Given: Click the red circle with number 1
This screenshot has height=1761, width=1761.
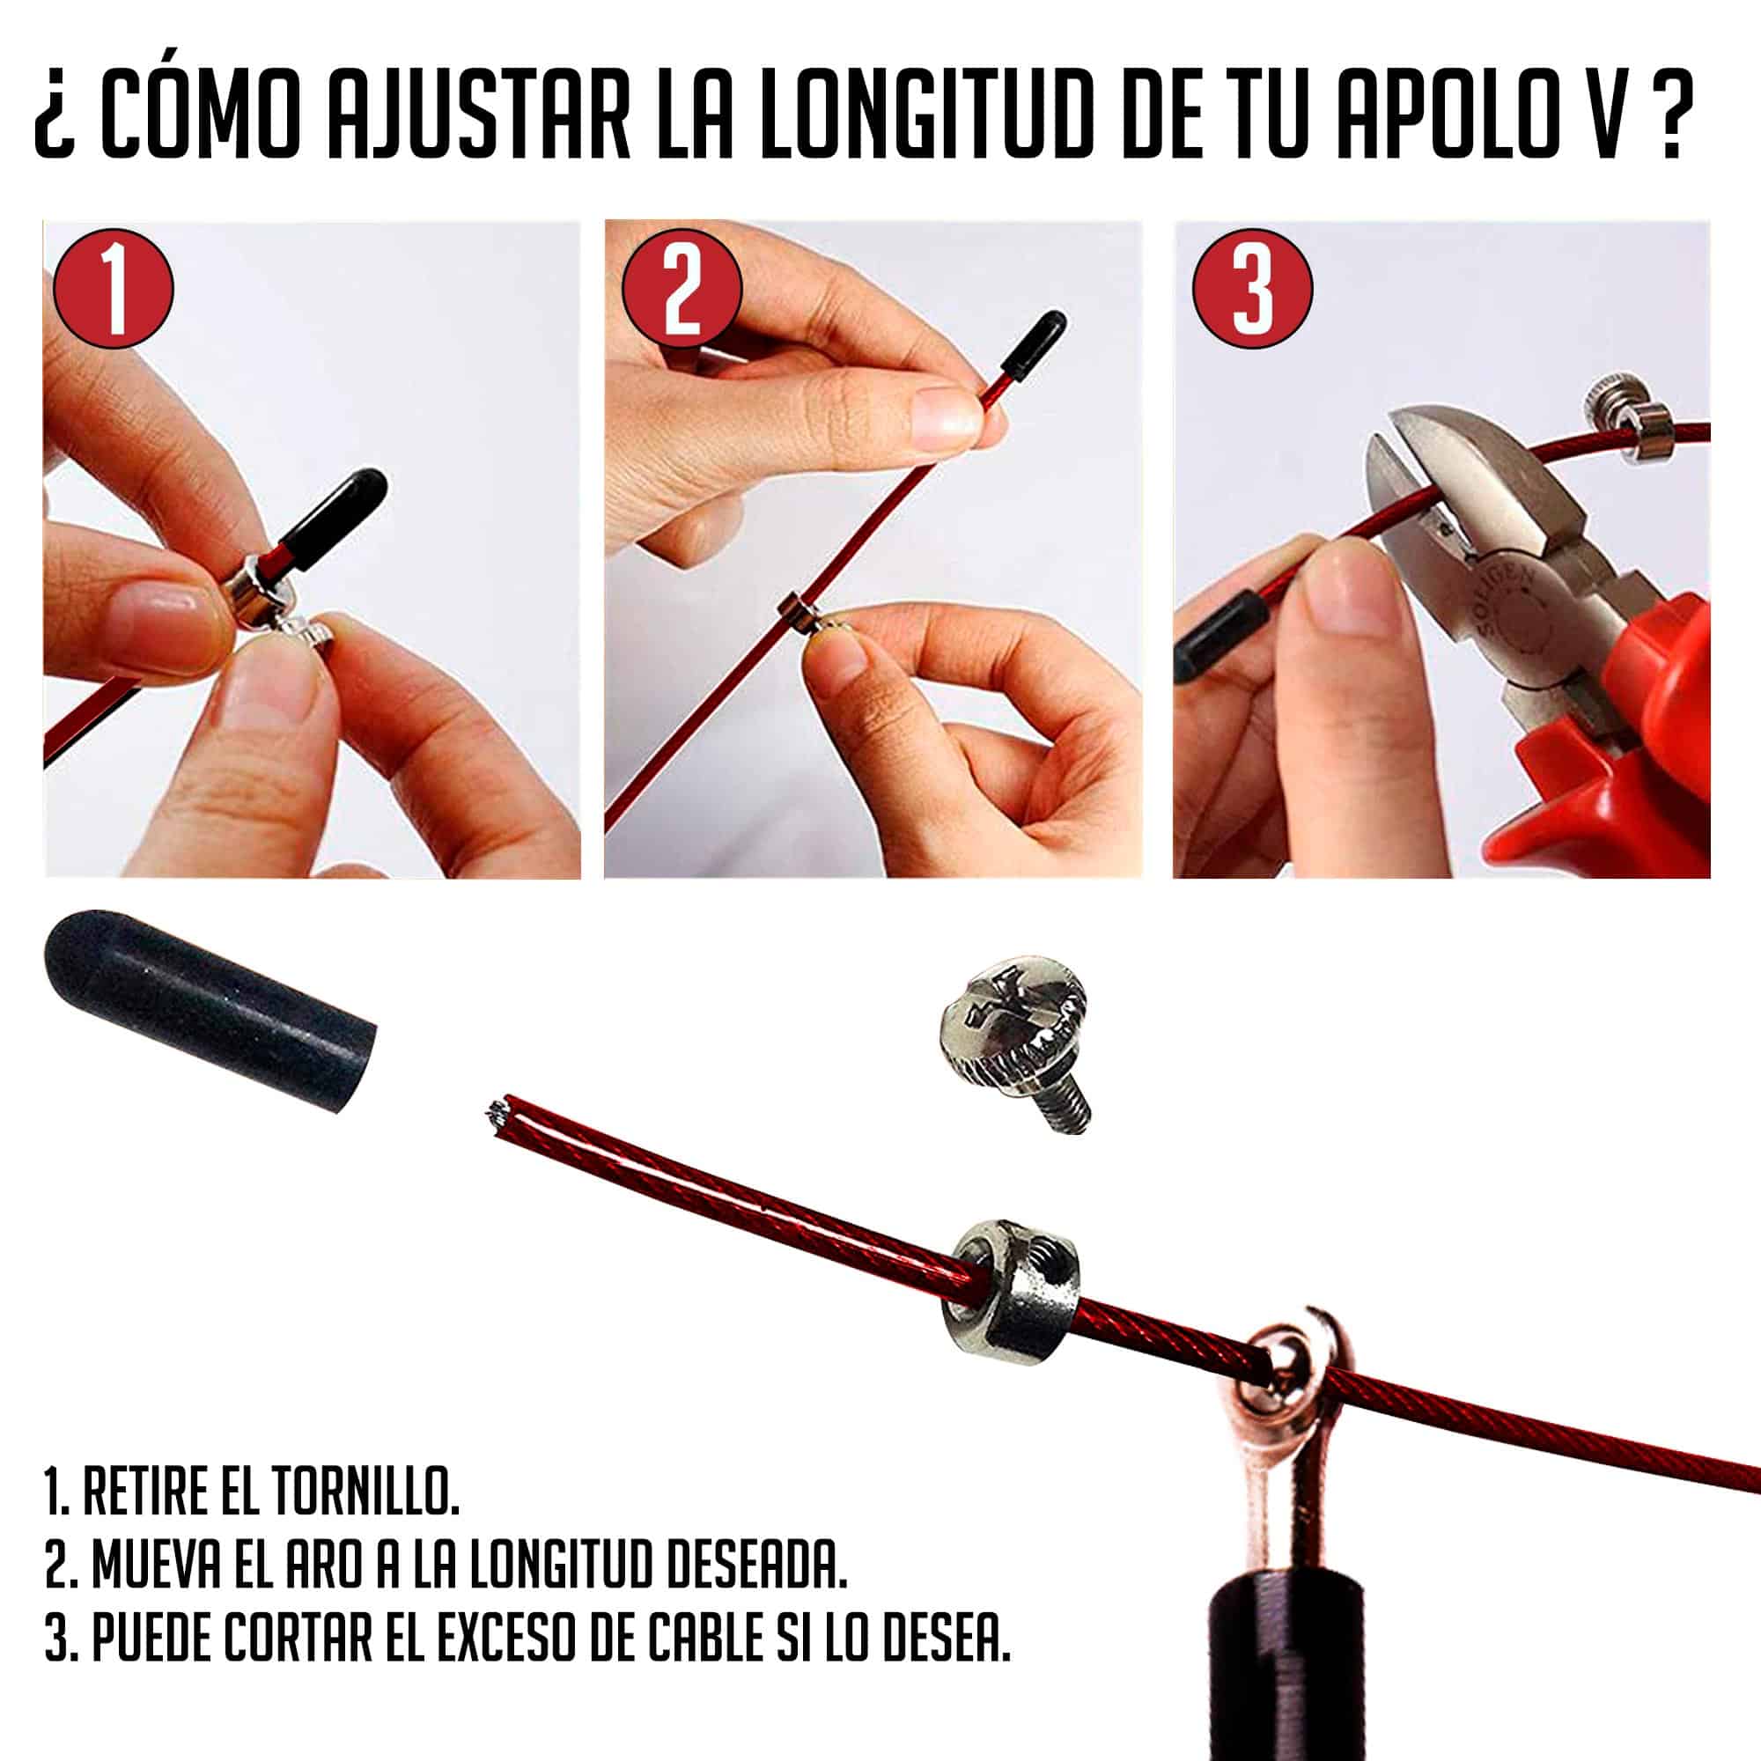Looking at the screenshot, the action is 113,288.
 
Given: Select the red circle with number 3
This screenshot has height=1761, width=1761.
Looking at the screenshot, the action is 1253,289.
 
